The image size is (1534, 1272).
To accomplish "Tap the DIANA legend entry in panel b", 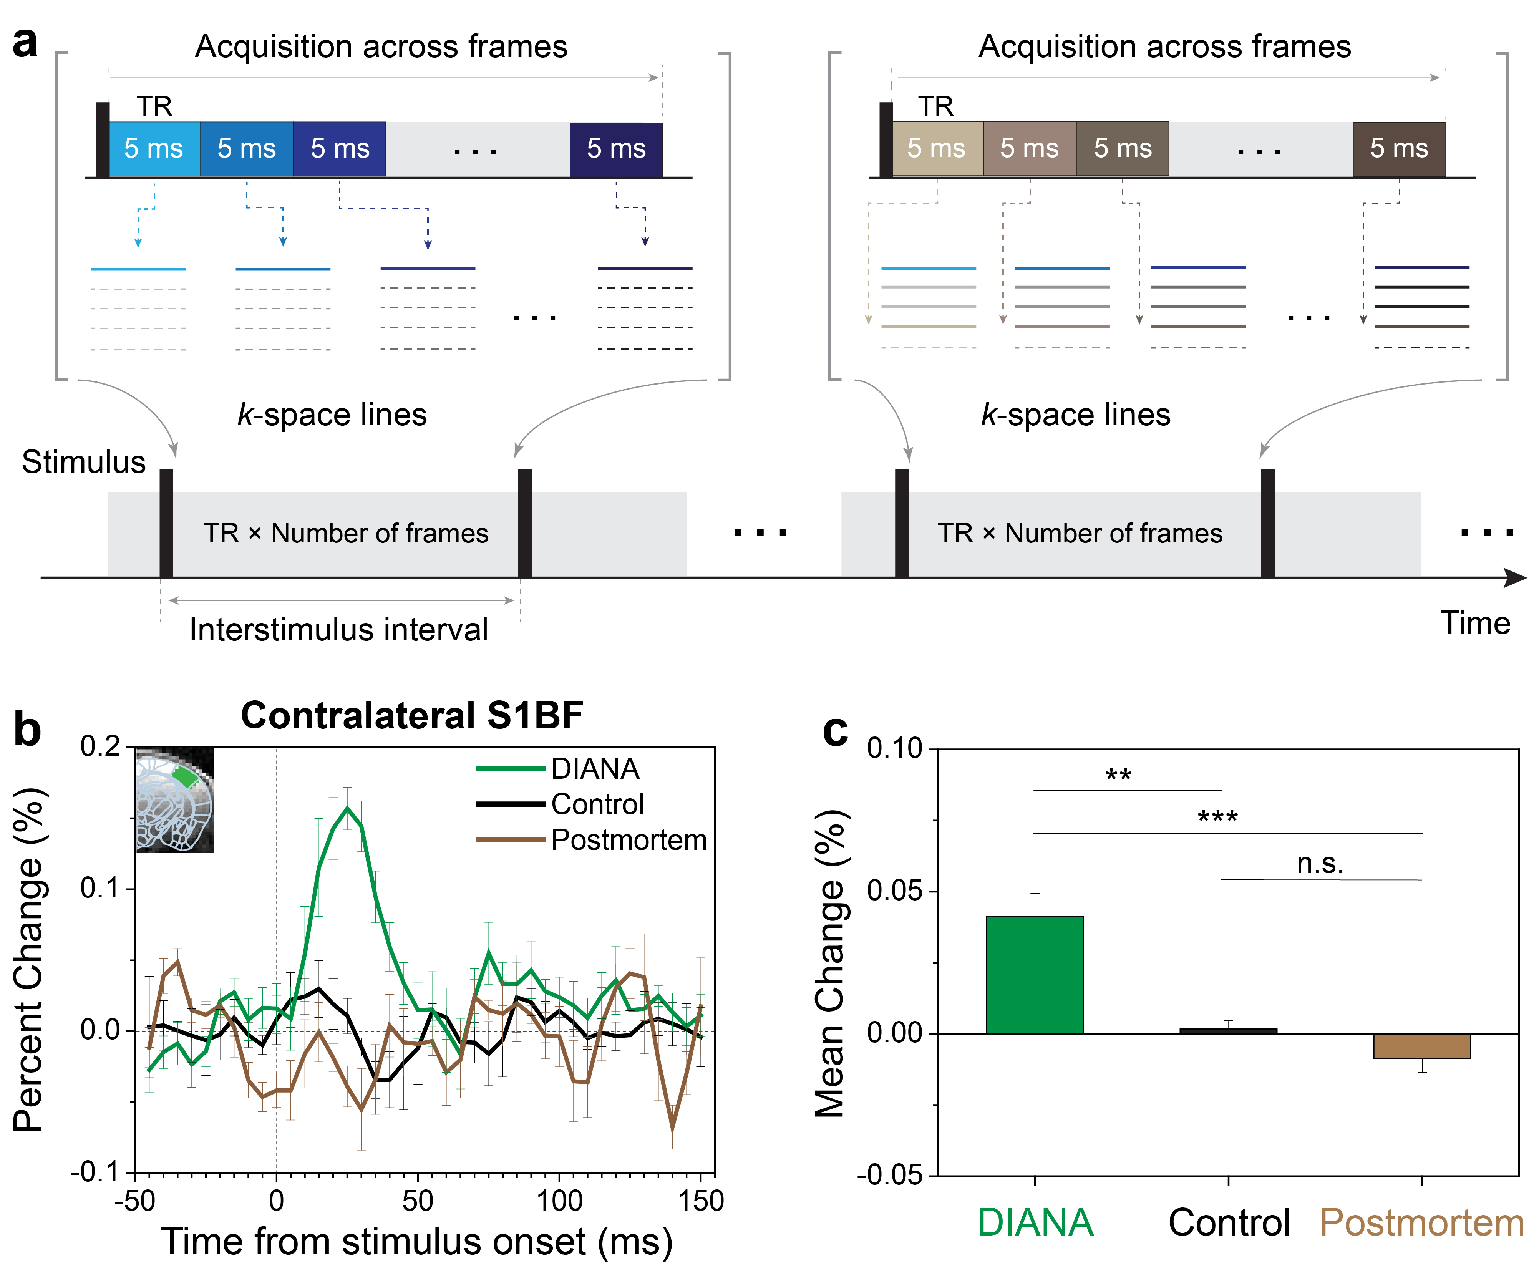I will pyautogui.click(x=595, y=769).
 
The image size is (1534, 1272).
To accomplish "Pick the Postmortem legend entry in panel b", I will pyautogui.click(x=628, y=840).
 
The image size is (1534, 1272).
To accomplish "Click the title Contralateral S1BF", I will pyautogui.click(x=412, y=715).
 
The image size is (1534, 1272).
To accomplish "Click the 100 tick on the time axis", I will pyautogui.click(x=559, y=1201).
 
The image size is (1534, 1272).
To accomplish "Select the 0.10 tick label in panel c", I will pyautogui.click(x=894, y=749).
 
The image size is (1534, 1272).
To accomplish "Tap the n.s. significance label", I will pyautogui.click(x=1320, y=864).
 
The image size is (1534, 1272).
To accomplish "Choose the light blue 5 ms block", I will pyautogui.click(x=154, y=149).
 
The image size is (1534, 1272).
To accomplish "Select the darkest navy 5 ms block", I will pyautogui.click(x=616, y=149).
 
